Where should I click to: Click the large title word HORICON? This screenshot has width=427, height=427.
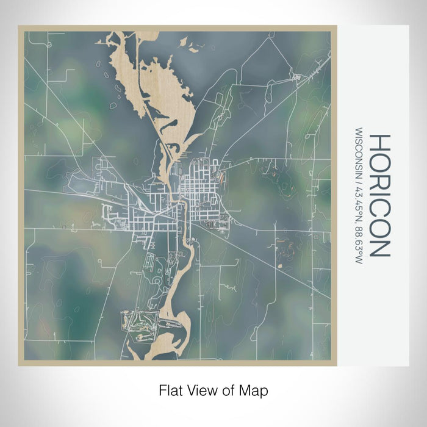coord(378,195)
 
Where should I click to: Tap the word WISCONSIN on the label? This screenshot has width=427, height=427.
coord(358,152)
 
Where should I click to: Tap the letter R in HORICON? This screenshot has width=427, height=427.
coord(378,178)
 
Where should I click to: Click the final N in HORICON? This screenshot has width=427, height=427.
coord(378,246)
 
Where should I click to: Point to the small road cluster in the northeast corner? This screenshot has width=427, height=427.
coord(298,77)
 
